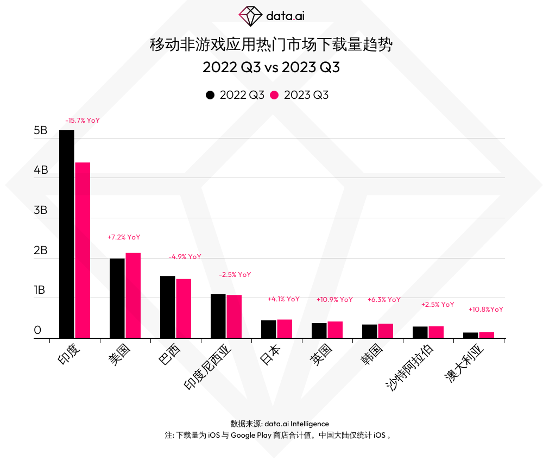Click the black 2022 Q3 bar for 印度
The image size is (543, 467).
click(x=66, y=233)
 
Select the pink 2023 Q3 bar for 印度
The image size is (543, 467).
click(x=83, y=250)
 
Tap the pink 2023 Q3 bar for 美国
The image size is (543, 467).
click(x=133, y=295)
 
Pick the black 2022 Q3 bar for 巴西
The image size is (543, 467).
click(x=167, y=307)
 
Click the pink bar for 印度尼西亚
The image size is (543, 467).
click(x=234, y=317)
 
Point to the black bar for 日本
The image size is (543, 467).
click(x=268, y=329)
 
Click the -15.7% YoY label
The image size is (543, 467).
click(x=83, y=121)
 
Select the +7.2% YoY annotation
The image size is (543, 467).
click(x=124, y=237)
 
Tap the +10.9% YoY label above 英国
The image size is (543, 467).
click(x=334, y=299)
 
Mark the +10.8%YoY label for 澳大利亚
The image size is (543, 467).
click(x=485, y=310)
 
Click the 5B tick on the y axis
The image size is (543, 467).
click(x=41, y=131)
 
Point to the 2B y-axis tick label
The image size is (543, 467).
click(x=41, y=251)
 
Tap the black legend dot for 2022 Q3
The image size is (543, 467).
click(x=210, y=95)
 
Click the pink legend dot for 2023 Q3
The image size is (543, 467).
click(x=274, y=95)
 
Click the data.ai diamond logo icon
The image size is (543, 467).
click(x=250, y=16)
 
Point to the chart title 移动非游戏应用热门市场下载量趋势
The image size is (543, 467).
click(x=271, y=45)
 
